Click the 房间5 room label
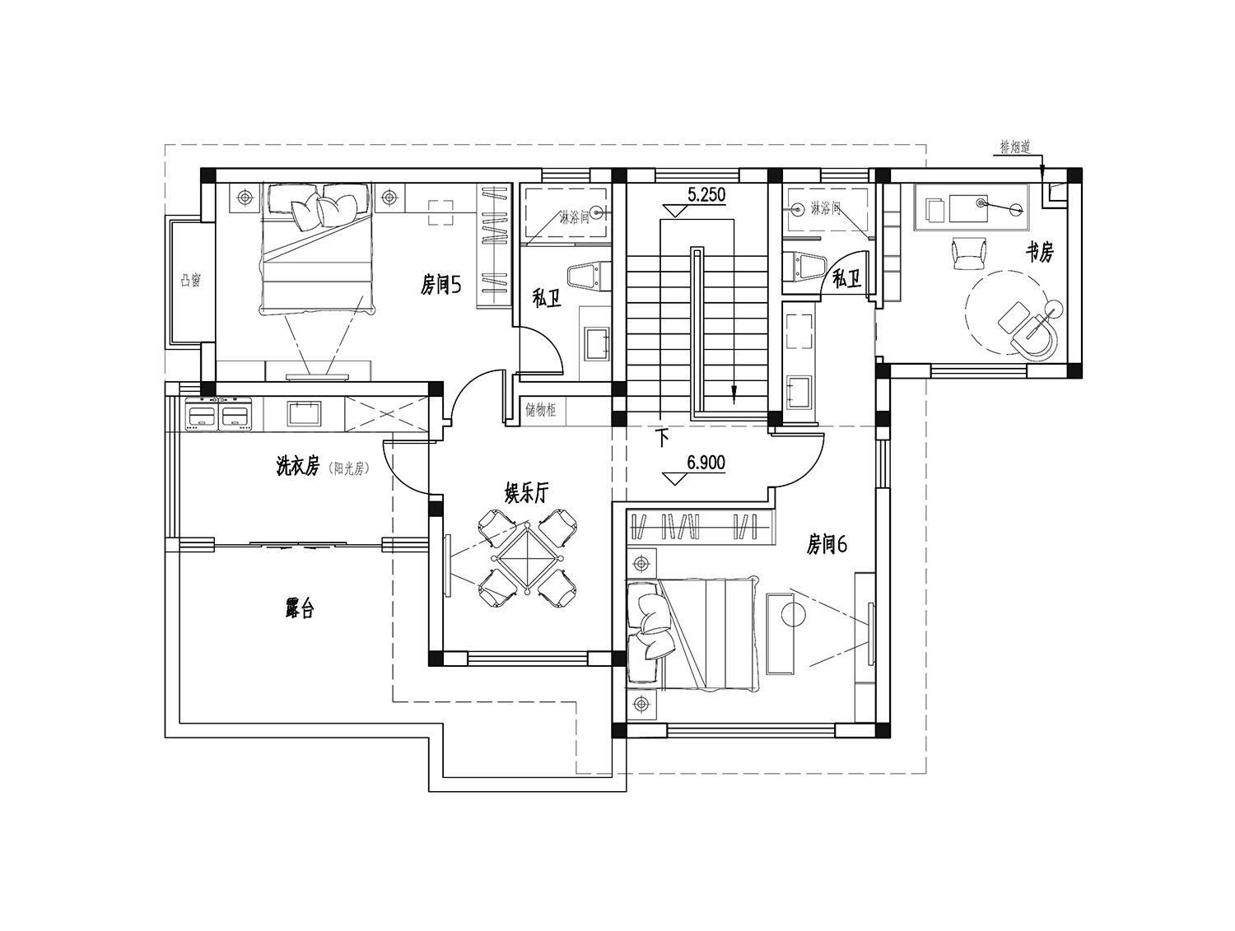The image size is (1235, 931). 441,286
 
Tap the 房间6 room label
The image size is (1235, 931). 827,545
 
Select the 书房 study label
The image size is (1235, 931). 1039,253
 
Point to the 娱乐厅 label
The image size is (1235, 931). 526,494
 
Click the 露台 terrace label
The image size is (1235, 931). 300,608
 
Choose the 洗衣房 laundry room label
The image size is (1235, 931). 298,466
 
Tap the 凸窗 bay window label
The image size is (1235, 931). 191,280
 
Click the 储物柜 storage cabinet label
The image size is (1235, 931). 541,410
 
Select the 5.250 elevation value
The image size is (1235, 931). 706,194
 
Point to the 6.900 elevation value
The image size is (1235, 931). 706,463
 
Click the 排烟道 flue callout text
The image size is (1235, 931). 1015,147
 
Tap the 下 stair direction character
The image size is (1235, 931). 664,438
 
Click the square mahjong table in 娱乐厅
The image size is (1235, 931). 527,559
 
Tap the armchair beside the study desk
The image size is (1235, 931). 969,254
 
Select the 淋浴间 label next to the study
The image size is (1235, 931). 826,209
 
